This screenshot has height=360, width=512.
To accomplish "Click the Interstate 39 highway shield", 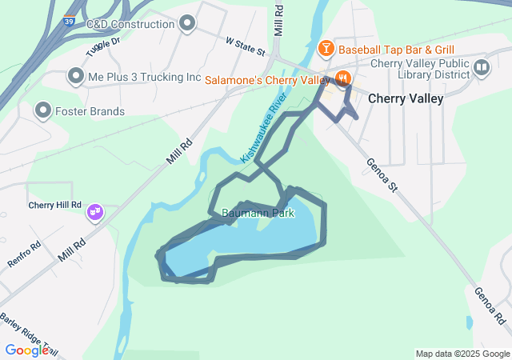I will (x=70, y=22).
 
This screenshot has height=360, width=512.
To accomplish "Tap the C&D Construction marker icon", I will (x=188, y=23).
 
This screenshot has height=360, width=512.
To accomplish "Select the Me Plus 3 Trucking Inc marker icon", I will (x=76, y=77).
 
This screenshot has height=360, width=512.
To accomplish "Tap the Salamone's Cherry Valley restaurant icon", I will (x=342, y=79).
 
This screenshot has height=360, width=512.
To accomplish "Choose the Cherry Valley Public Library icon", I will (x=481, y=67).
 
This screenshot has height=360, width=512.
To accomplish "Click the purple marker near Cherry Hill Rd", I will (x=95, y=213).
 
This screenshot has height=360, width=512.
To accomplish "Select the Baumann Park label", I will (x=258, y=214).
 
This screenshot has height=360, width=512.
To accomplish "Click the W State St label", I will (x=245, y=45).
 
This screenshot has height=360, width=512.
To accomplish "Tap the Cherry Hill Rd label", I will (x=54, y=205).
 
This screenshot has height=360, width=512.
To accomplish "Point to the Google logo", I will (x=27, y=350).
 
